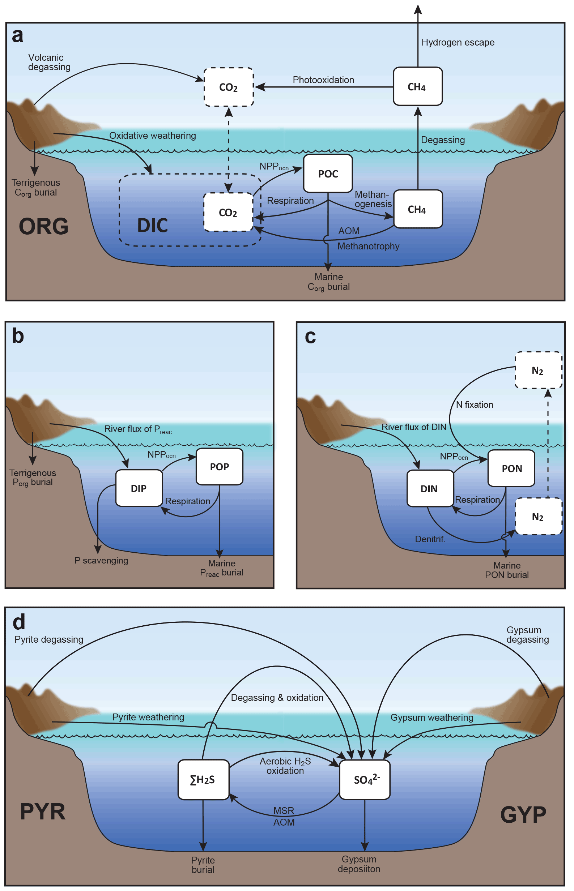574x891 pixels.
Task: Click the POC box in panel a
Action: point(328,174)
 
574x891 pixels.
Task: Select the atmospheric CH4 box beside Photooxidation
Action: point(418,87)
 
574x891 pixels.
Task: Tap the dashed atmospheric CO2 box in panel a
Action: point(229,87)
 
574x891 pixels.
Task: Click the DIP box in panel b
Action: point(139,488)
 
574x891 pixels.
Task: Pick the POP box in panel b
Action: point(220,467)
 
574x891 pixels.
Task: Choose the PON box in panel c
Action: point(511,468)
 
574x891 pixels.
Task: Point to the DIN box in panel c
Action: point(430,489)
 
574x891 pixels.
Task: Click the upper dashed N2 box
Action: point(538,370)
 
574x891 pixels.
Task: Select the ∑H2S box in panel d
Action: point(203,780)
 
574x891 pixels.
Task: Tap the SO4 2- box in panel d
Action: point(365,780)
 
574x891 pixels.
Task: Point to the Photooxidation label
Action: point(323,80)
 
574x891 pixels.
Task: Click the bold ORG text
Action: point(44,226)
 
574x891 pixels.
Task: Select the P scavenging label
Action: point(101,561)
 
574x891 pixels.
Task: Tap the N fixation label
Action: point(475,404)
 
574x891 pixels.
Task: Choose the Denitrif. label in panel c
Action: point(430,539)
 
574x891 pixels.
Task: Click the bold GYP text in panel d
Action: point(523,815)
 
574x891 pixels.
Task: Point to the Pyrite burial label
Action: point(203,865)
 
